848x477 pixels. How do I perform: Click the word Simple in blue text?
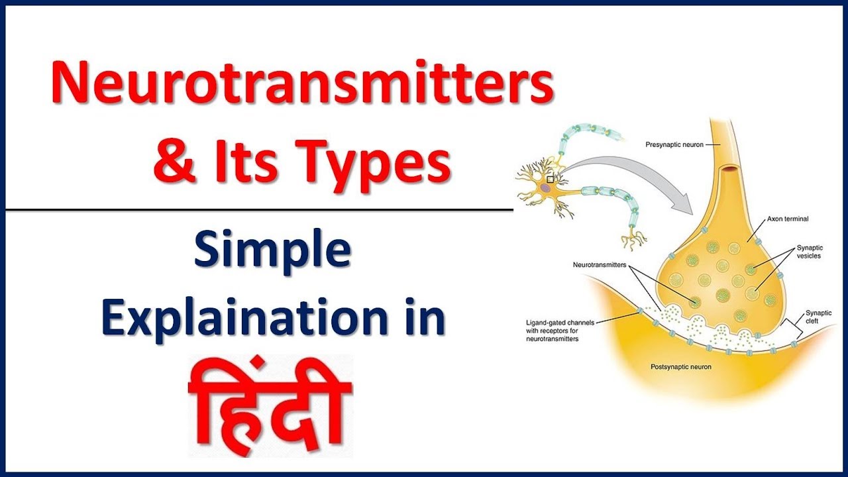272,254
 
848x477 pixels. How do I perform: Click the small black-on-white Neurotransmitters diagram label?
600,265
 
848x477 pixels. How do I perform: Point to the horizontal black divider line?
258,210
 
